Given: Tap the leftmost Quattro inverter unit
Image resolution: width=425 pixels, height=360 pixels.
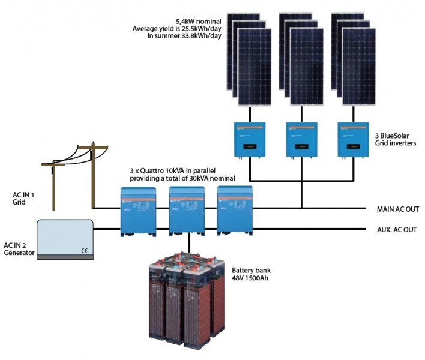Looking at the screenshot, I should click(138, 211).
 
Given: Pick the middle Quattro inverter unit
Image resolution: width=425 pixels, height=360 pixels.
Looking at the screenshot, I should click(187, 211).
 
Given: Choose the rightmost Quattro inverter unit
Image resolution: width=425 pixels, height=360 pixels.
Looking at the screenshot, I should click(235, 211).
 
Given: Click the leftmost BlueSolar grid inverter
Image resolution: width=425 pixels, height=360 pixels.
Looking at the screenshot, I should click(249, 140).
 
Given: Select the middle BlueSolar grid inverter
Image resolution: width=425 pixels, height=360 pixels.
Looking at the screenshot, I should click(301, 140).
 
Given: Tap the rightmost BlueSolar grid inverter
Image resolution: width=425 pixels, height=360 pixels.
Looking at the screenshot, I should click(353, 140).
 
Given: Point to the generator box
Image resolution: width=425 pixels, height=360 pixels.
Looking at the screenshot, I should click(65, 239).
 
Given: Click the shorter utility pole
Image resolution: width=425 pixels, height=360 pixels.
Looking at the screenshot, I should click(54, 186).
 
